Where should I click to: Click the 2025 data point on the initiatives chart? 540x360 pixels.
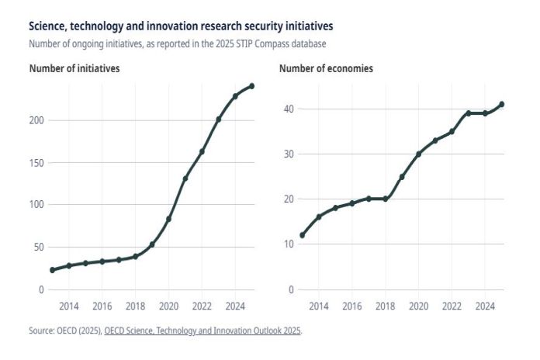(x=252, y=86)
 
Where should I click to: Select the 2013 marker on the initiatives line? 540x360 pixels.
(x=52, y=270)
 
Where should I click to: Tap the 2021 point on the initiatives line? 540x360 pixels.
(x=185, y=178)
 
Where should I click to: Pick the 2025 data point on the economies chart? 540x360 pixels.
(x=502, y=104)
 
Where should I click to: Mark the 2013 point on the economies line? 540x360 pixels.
(x=302, y=235)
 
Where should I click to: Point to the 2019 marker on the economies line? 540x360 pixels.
(x=402, y=177)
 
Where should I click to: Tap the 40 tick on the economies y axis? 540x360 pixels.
(x=288, y=109)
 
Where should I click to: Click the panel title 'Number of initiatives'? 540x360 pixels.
(x=74, y=68)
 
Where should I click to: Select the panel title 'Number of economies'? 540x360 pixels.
(x=326, y=68)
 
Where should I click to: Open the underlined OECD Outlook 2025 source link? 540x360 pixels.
(x=202, y=331)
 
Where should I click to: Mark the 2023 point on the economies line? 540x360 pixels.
(x=469, y=113)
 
